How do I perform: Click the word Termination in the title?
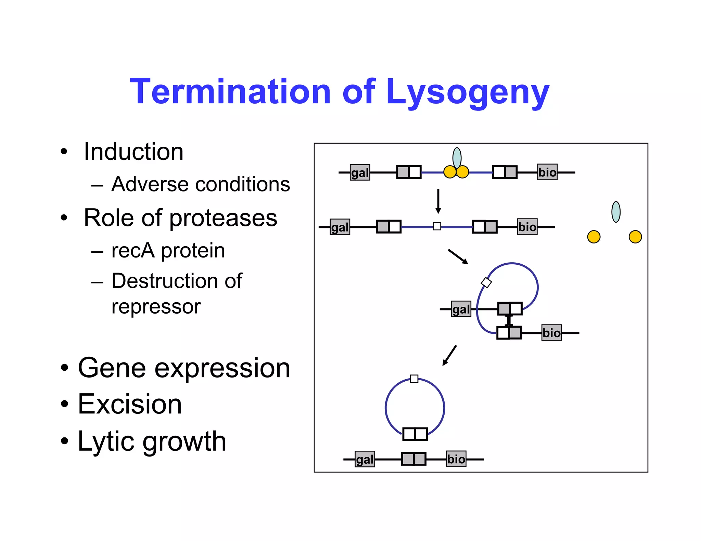coord(230,92)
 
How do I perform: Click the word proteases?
coord(223,219)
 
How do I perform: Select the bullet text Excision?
coord(130,404)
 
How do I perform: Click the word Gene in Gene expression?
coord(112,368)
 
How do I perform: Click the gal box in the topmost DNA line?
coord(360,172)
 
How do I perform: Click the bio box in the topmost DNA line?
coord(547,172)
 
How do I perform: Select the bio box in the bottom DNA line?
coord(456,459)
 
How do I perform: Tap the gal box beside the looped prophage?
coord(461,309)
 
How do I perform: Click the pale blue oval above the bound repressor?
coord(457,158)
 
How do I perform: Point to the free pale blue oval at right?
coord(616,212)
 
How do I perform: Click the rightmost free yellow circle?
coord(635,237)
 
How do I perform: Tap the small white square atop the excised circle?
coord(414,379)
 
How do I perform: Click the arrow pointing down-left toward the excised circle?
coord(449,355)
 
